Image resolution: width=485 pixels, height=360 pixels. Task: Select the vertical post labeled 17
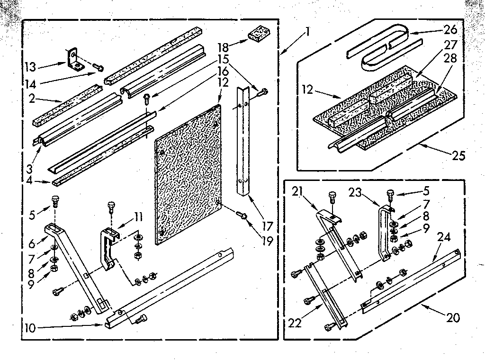(244, 142)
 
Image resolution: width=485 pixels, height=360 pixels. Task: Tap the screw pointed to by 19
(243, 216)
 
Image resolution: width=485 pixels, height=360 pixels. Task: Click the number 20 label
(453, 317)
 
